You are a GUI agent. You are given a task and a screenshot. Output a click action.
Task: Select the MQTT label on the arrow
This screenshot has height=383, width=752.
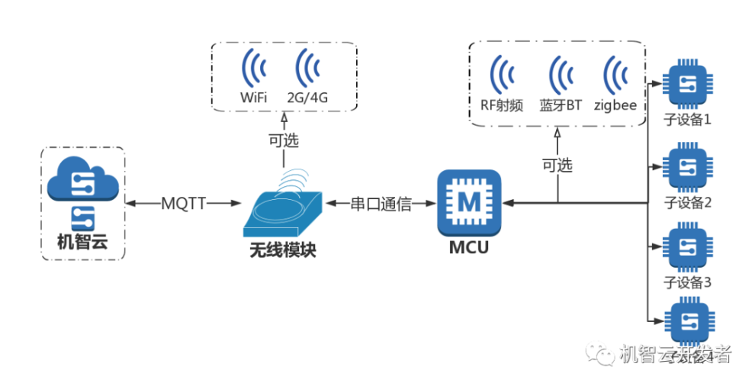184,204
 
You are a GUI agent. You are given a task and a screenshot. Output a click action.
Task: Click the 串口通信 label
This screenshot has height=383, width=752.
381,204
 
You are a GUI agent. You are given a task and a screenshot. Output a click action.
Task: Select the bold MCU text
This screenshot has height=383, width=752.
468,249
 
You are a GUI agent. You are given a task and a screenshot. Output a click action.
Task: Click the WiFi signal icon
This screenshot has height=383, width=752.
254,70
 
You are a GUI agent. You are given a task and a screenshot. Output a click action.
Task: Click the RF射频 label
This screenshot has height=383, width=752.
501,105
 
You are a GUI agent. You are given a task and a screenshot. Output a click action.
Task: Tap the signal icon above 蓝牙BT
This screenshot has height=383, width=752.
561,74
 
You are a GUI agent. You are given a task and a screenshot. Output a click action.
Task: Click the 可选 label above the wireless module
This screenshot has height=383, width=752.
283,140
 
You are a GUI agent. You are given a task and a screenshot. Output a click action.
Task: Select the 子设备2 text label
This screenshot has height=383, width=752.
688,202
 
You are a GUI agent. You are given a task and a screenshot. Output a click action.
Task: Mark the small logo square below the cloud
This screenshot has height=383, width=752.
82,217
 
